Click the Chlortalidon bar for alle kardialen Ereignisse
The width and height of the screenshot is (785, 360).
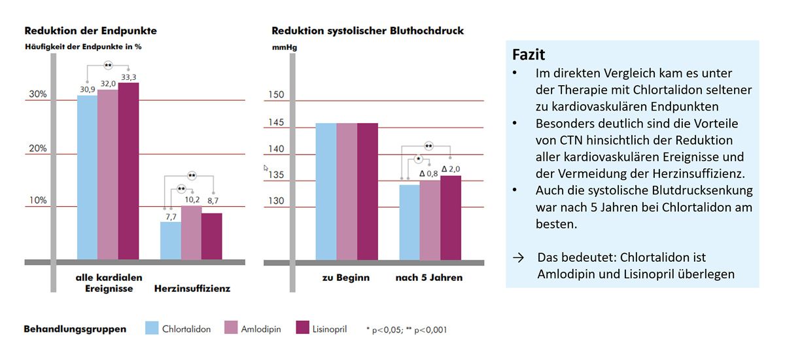[x=87, y=177]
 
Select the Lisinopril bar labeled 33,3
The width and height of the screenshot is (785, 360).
[x=128, y=170]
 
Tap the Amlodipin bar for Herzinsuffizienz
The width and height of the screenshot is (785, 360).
[x=191, y=232]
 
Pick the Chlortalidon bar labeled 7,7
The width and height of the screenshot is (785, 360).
[x=171, y=240]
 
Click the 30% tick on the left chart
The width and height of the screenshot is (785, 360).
[x=37, y=94]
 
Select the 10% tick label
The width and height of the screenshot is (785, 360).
[x=37, y=200]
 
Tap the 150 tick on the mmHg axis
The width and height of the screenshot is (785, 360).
[x=276, y=96]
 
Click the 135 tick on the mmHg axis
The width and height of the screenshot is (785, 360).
[x=276, y=175]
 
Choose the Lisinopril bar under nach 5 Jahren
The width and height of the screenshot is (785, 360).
[x=451, y=217]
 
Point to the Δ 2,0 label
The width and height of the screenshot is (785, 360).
[x=451, y=169]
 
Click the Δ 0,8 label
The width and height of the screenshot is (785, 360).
[x=428, y=173]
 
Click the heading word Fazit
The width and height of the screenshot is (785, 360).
[x=529, y=54]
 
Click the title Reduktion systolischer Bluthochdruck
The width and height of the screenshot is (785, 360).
[x=368, y=31]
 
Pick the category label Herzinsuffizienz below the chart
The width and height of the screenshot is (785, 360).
[x=192, y=288]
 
